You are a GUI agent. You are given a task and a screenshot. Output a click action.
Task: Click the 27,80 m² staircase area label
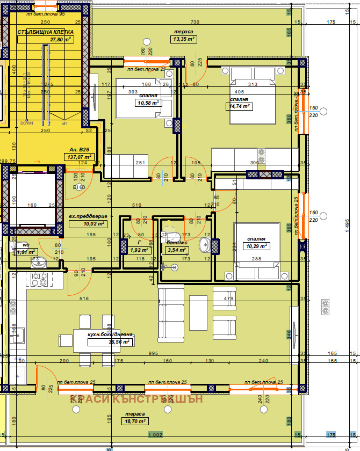pos(61,40)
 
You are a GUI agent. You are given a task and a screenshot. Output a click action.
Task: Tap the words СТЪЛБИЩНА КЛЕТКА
pos(45,32)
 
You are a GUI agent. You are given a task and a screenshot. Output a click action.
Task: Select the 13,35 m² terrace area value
pos(183,39)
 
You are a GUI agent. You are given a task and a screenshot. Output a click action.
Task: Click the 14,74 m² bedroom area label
pos(239,106)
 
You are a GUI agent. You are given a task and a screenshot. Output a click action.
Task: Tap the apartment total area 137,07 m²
pos(78,157)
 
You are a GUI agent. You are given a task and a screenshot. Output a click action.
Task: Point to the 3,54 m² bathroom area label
pos(176,250)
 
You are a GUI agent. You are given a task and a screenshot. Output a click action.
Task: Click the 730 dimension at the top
pos(195,22)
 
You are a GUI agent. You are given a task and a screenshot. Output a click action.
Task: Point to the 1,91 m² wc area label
pos(25,251)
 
